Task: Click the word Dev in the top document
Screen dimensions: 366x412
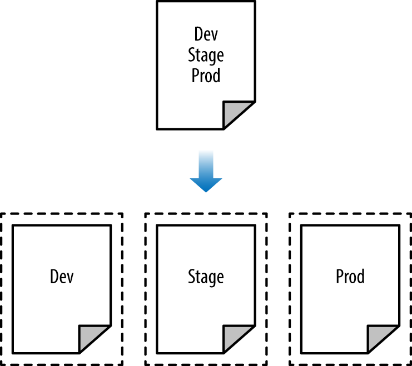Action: coord(206,34)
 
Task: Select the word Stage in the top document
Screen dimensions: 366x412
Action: coord(206,55)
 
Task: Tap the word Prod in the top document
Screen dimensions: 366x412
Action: coord(206,76)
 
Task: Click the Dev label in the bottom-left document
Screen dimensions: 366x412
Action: coord(62,277)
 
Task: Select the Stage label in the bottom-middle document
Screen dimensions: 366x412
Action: coord(206,277)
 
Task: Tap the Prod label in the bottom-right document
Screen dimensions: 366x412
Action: coord(350,277)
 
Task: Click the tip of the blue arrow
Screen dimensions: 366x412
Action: coord(206,192)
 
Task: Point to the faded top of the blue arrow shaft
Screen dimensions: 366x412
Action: coord(206,152)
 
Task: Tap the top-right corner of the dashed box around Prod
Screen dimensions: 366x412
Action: coord(410,214)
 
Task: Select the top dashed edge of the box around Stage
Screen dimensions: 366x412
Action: coord(206,214)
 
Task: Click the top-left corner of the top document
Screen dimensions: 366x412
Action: coord(157,2)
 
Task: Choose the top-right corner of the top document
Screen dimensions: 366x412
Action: coord(255,2)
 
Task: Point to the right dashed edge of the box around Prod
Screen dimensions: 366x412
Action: coord(410,289)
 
